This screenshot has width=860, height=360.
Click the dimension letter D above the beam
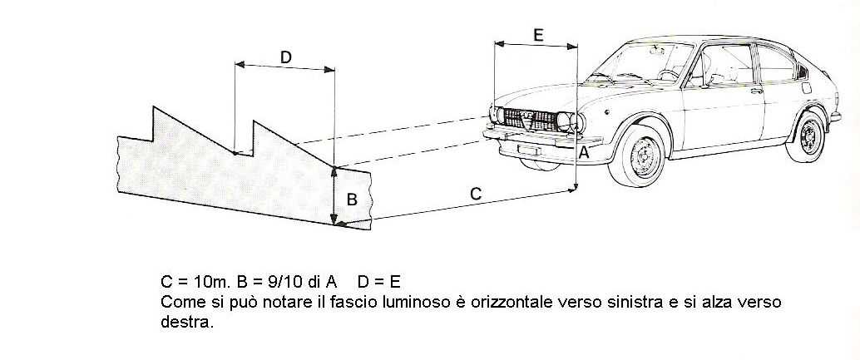tap(285, 57)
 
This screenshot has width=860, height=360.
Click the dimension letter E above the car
tap(538, 35)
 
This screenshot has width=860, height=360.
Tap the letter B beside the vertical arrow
tap(352, 200)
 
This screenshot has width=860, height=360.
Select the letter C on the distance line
tap(476, 194)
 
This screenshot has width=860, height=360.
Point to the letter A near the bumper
tap(585, 154)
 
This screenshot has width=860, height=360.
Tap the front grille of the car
tap(531, 120)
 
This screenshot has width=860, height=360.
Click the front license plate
tap(529, 150)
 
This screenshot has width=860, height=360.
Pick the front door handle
tap(757, 91)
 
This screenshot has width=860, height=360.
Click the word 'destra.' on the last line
tap(186, 323)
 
